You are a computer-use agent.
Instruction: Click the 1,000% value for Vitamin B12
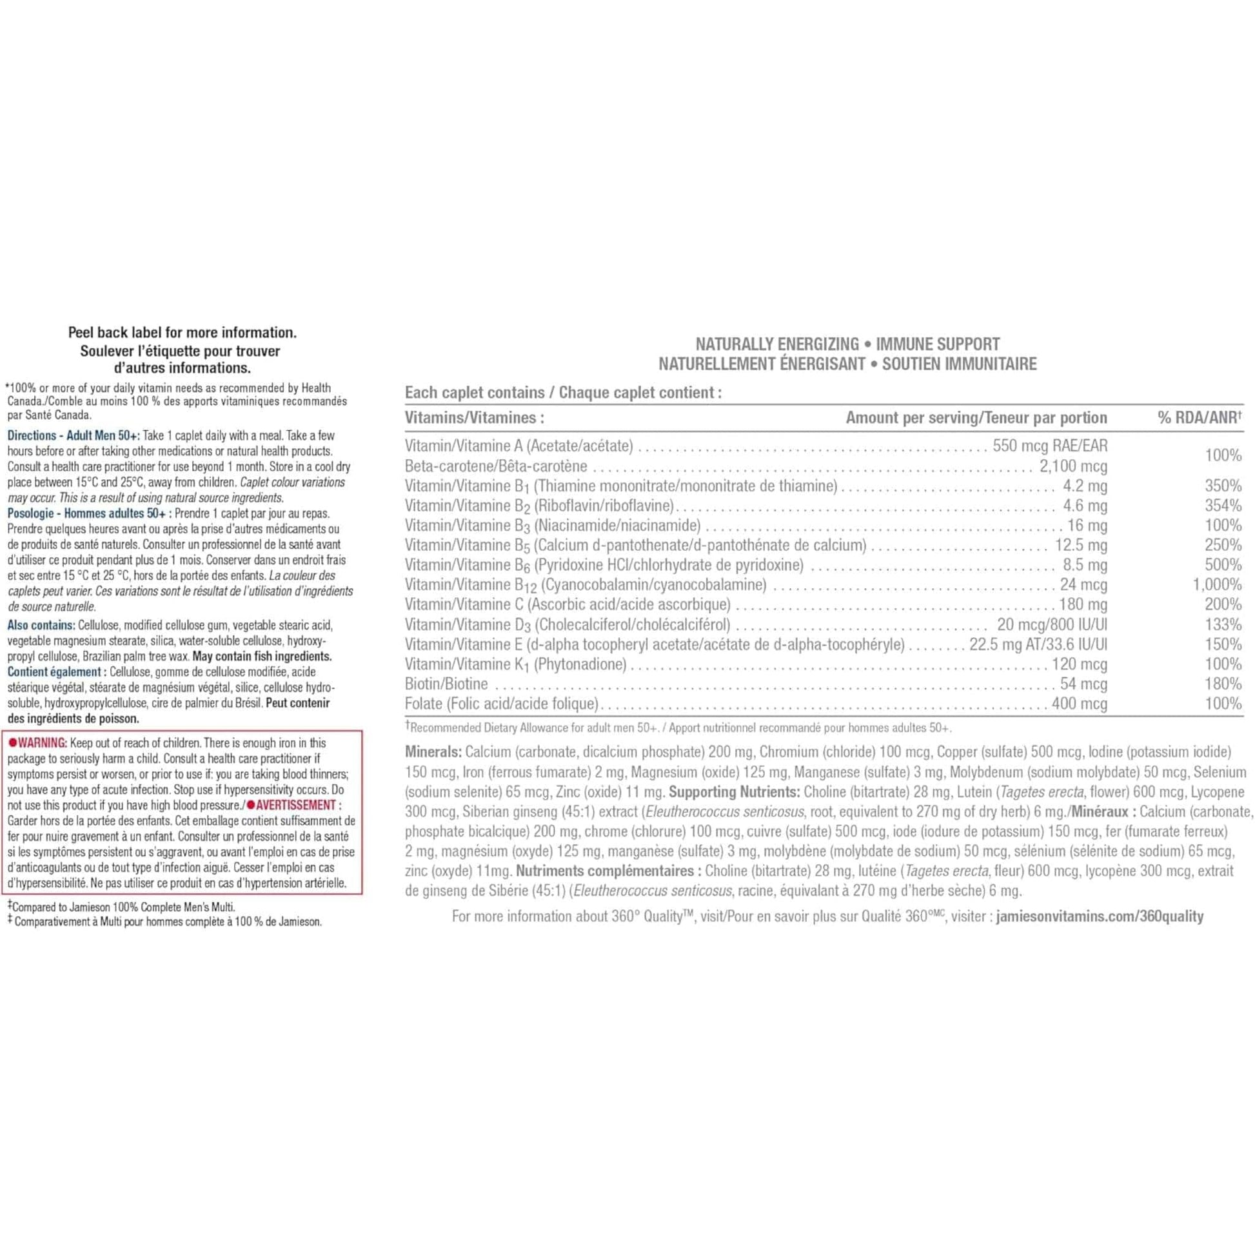[1217, 585]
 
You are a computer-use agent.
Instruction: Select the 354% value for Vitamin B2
[1223, 506]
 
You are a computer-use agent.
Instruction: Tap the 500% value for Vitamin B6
[1223, 564]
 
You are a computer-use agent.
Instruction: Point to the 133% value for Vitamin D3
[1223, 624]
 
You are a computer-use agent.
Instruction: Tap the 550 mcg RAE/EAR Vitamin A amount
[1050, 446]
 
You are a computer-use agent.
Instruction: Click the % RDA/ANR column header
[1199, 418]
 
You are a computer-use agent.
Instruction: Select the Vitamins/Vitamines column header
[474, 418]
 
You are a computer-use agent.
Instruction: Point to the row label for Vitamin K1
[515, 664]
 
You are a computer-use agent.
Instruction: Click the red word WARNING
[41, 742]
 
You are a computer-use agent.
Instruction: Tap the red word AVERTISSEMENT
[295, 805]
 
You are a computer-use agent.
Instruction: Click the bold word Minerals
[433, 752]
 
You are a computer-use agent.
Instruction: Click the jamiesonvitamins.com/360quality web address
[1099, 916]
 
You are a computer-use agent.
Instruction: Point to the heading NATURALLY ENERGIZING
[776, 344]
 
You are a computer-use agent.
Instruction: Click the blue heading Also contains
[41, 625]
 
